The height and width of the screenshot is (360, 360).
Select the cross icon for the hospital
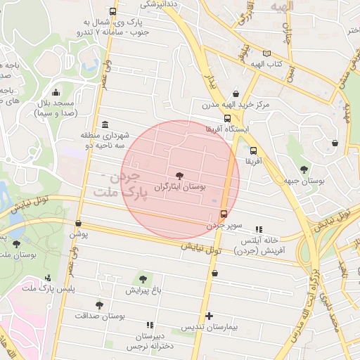[x=208, y=316]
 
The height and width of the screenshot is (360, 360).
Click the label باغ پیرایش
[x=143, y=290]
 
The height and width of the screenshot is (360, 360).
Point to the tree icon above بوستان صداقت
[x=99, y=304]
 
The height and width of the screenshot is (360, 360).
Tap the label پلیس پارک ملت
[x=48, y=289]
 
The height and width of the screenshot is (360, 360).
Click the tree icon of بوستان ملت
[x=16, y=244]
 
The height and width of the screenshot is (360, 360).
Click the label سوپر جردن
[x=224, y=226]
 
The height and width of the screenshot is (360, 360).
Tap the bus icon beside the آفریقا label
[x=253, y=150]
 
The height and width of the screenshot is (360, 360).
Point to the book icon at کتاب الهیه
[x=266, y=53]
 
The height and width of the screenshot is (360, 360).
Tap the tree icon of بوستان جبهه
[x=304, y=169]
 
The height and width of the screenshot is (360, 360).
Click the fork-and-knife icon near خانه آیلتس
[x=259, y=229]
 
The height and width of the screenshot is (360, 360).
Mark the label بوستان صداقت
[x=99, y=316]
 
